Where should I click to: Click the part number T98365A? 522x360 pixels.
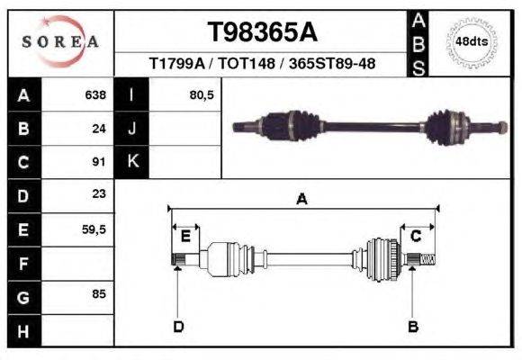[x=262, y=32]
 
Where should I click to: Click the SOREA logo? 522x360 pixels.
[x=59, y=41]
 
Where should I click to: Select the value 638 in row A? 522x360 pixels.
[x=94, y=94]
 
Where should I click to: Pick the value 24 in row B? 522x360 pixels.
[x=100, y=128]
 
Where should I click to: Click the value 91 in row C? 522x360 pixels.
[x=100, y=162]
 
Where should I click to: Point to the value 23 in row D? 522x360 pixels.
[x=99, y=194]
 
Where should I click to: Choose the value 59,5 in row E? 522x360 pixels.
[x=94, y=229]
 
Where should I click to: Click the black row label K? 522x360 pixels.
[x=131, y=162]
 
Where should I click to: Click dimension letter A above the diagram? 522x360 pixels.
[x=301, y=201]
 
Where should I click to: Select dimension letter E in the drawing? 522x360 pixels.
[x=184, y=236]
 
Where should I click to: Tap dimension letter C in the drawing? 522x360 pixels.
[x=416, y=236]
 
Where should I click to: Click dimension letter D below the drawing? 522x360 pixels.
[x=178, y=326]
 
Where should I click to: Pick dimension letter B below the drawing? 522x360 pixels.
[x=413, y=326]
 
